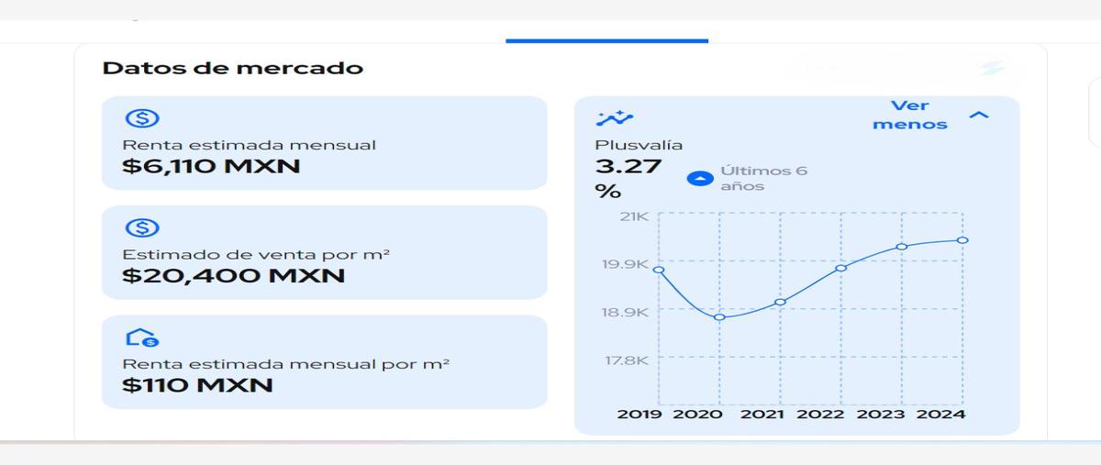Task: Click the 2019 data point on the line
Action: [x=659, y=270]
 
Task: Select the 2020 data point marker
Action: [x=719, y=317]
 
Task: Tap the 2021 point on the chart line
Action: [x=780, y=302]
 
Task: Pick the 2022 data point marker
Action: [x=841, y=268]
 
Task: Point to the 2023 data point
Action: [x=901, y=247]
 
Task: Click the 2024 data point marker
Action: [x=962, y=240]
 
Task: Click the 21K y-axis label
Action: [x=634, y=216]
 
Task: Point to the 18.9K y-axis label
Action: [x=625, y=312]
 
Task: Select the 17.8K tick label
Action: [x=627, y=360]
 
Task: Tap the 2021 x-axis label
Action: [x=762, y=415]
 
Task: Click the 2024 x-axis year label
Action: [x=940, y=415]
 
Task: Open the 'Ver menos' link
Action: [x=910, y=115]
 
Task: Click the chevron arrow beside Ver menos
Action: [x=979, y=115]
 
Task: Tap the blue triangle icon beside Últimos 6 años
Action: [x=700, y=179]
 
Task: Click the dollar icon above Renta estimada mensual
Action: [x=142, y=118]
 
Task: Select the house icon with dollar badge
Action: [x=142, y=338]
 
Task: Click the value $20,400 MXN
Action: [x=233, y=275]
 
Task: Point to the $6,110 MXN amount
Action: [x=211, y=166]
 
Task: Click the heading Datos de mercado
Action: [x=232, y=68]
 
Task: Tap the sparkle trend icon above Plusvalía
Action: [x=615, y=118]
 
